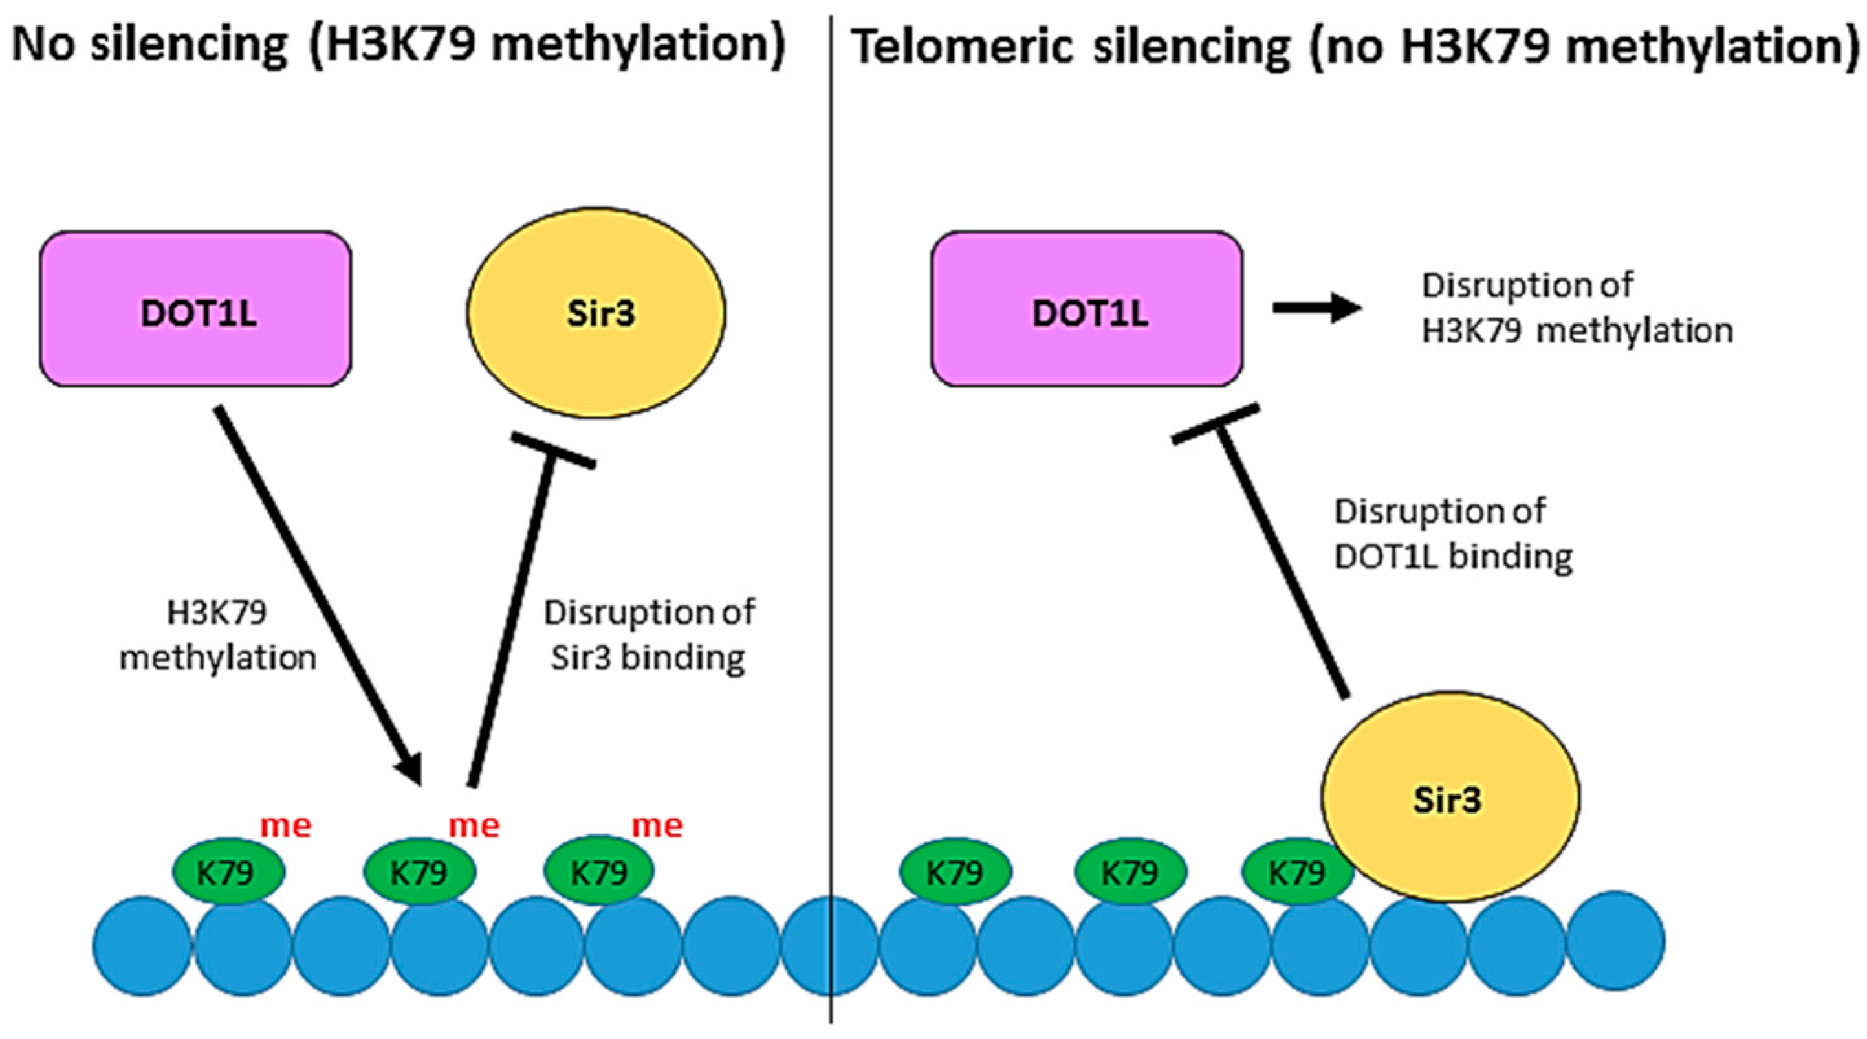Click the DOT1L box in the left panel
tap(195, 309)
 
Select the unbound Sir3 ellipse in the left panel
tap(596, 313)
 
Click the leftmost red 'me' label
tap(285, 826)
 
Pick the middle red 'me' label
tap(474, 826)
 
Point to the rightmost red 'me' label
tap(657, 826)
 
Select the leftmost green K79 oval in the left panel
tap(228, 872)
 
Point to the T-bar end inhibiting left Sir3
tap(554, 449)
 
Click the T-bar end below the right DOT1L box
tap(1216, 425)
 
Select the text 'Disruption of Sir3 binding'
tap(649, 636)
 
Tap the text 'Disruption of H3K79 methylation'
tap(1576, 308)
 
